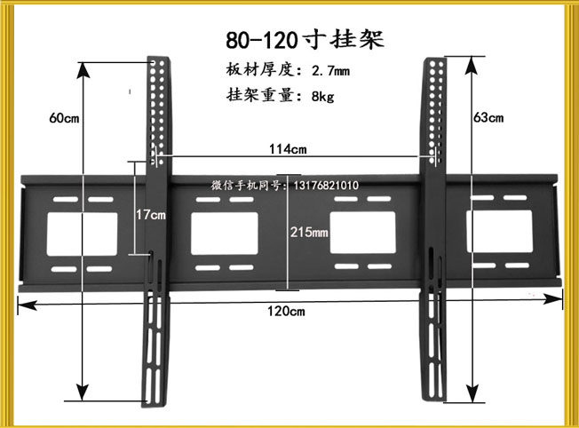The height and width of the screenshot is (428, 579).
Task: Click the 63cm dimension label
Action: point(488,117)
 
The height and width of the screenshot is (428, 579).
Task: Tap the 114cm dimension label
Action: point(289,148)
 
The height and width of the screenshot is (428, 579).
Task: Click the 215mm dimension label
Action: point(309,232)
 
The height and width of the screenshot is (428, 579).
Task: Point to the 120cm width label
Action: point(287,311)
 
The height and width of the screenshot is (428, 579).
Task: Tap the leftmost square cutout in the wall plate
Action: point(82,232)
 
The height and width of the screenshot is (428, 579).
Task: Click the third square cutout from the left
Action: point(362,232)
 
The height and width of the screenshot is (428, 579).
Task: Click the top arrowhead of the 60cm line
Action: point(83,71)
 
